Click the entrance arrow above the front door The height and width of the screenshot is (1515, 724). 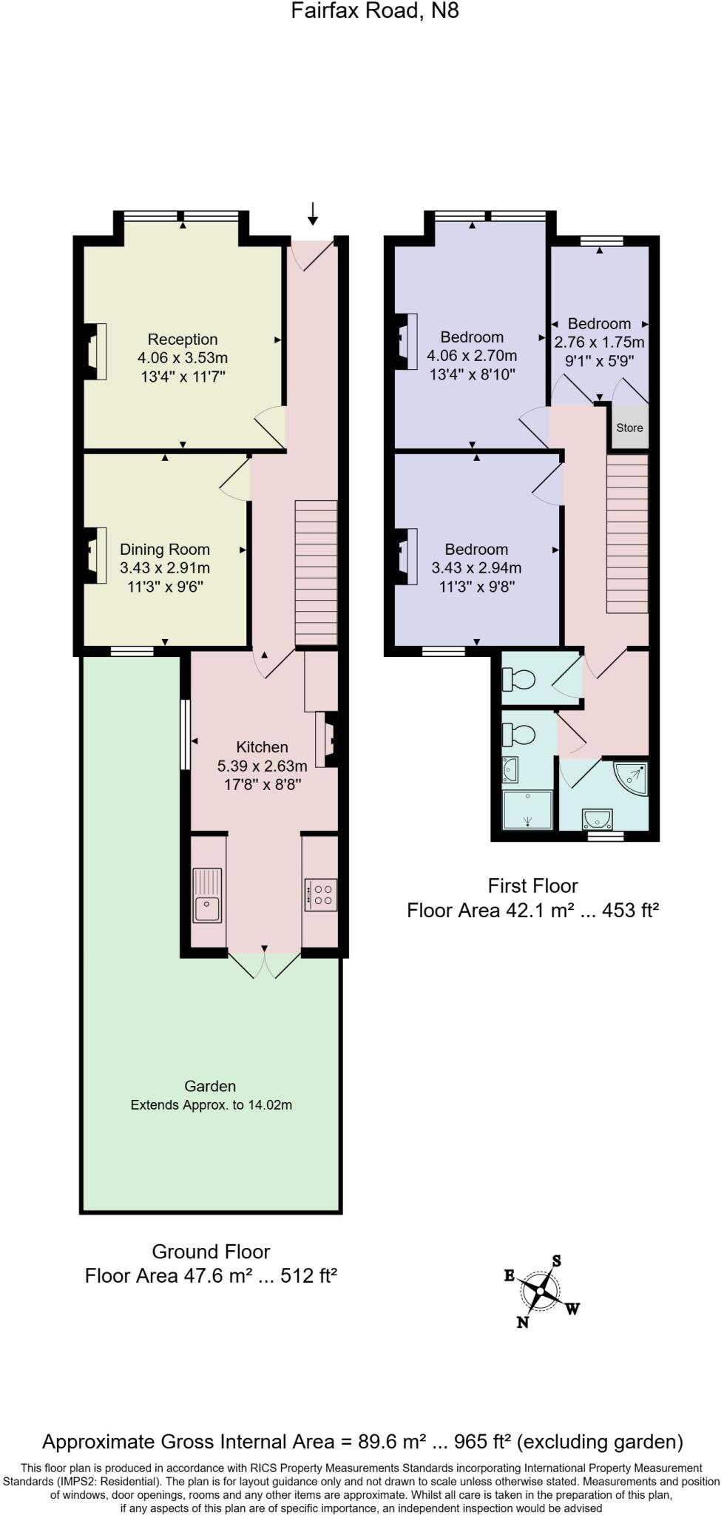click(x=313, y=214)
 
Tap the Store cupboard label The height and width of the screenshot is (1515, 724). click(x=629, y=428)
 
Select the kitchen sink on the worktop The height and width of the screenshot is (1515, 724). click(x=208, y=895)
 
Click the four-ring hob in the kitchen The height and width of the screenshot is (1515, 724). click(x=322, y=894)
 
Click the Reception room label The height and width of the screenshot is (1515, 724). click(x=183, y=340)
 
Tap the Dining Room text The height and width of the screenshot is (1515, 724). click(x=165, y=550)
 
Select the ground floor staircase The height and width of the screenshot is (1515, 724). click(x=317, y=573)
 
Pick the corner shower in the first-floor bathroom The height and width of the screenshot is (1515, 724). click(x=632, y=777)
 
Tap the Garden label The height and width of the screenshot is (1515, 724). click(x=210, y=1086)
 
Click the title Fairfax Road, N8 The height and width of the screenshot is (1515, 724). click(x=374, y=11)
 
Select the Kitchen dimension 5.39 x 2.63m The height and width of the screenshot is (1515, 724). click(x=263, y=766)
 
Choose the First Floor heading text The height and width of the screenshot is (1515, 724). click(x=532, y=885)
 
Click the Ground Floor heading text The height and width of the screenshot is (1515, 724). click(x=211, y=1252)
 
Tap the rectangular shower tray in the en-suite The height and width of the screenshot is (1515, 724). click(x=527, y=810)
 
